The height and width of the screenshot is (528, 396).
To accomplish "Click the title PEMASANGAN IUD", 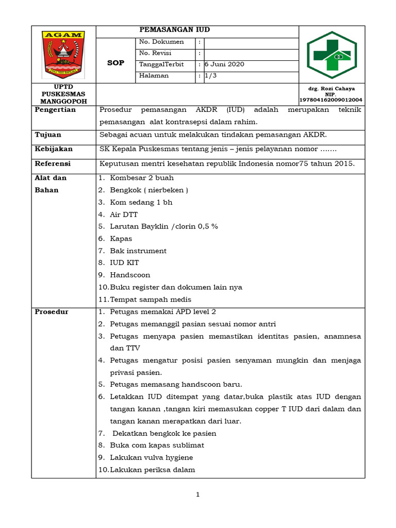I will [x=175, y=30].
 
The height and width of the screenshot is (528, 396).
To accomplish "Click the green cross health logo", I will [x=332, y=55].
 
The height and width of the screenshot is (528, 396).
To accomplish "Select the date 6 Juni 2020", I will [x=224, y=64].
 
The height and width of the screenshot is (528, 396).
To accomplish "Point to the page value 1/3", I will [x=210, y=76].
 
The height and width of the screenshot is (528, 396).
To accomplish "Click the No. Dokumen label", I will [x=161, y=42].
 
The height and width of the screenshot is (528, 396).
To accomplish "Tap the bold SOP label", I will [x=115, y=63].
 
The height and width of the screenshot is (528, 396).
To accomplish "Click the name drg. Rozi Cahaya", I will [x=331, y=89].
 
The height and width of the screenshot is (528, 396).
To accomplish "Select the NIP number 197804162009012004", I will [x=331, y=100].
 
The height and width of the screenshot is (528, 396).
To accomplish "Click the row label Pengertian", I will [x=55, y=110].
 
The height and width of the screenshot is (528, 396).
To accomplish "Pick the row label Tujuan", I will [x=48, y=135].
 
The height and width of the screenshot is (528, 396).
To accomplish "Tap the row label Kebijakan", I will [x=54, y=149].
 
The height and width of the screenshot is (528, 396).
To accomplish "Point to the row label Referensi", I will [x=53, y=164].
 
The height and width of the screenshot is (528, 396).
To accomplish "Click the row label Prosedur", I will [x=52, y=312].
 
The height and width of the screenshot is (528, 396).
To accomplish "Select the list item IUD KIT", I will [x=124, y=263].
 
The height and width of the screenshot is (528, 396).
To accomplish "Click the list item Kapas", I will [x=121, y=239].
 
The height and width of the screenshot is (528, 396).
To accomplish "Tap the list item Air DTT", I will [x=124, y=214].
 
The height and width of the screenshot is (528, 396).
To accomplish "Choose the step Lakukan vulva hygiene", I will [x=151, y=457].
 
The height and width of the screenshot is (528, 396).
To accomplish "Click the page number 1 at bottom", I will [x=197, y=495].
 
